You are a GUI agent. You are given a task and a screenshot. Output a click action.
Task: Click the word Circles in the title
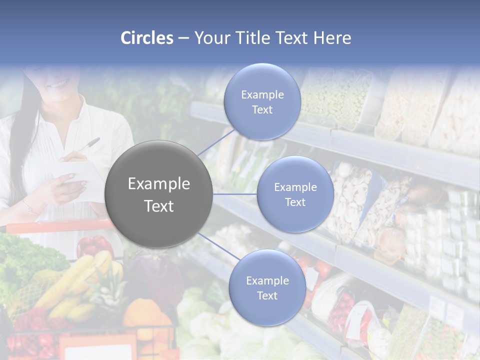click(147, 38)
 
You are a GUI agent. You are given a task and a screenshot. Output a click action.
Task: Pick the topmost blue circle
click(262, 101)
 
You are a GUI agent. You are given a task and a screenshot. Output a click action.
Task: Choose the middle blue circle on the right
click(295, 194)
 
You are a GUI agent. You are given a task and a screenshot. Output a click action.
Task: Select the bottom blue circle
click(267, 287)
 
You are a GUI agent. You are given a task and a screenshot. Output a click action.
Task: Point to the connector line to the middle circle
click(235, 194)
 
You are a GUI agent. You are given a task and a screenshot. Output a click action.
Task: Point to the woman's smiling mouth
click(59, 84)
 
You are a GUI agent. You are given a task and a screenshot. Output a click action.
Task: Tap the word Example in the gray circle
click(159, 184)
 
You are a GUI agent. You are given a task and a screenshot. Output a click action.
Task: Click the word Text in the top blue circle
click(262, 109)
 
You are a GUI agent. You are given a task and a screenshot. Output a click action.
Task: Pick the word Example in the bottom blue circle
click(267, 280)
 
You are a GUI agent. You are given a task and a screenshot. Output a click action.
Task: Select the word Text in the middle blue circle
click(295, 202)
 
